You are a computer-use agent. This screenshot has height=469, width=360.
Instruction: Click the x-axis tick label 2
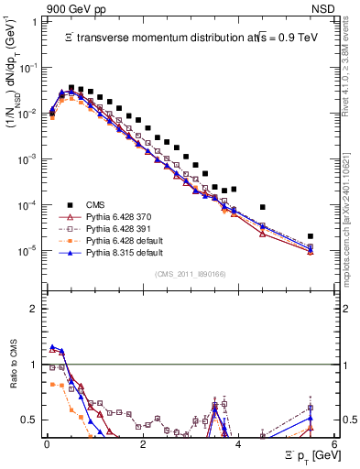pyautogui.click(x=142, y=444)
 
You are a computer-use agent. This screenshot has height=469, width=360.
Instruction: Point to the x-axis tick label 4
pyautogui.click(x=237, y=444)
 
